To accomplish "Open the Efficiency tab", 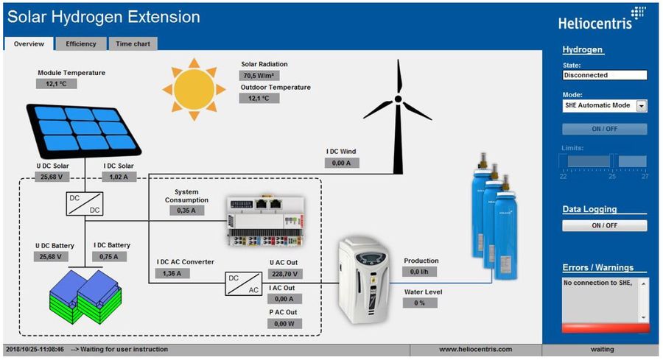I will pos(81,44).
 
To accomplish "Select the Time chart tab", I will pos(133,44).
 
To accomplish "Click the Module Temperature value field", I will pos(56,84).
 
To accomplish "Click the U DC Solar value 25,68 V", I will pos(51,177).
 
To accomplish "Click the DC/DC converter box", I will pos(85,204).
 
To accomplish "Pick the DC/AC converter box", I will pos(243,284).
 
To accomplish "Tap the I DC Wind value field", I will pos(343,163).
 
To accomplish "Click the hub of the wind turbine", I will pos(398,99).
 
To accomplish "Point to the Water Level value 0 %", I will pos(420,303).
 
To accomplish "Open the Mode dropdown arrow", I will pos(641,106).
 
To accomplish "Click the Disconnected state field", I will pos(604,75).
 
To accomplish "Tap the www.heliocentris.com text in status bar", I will pos(475,349).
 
